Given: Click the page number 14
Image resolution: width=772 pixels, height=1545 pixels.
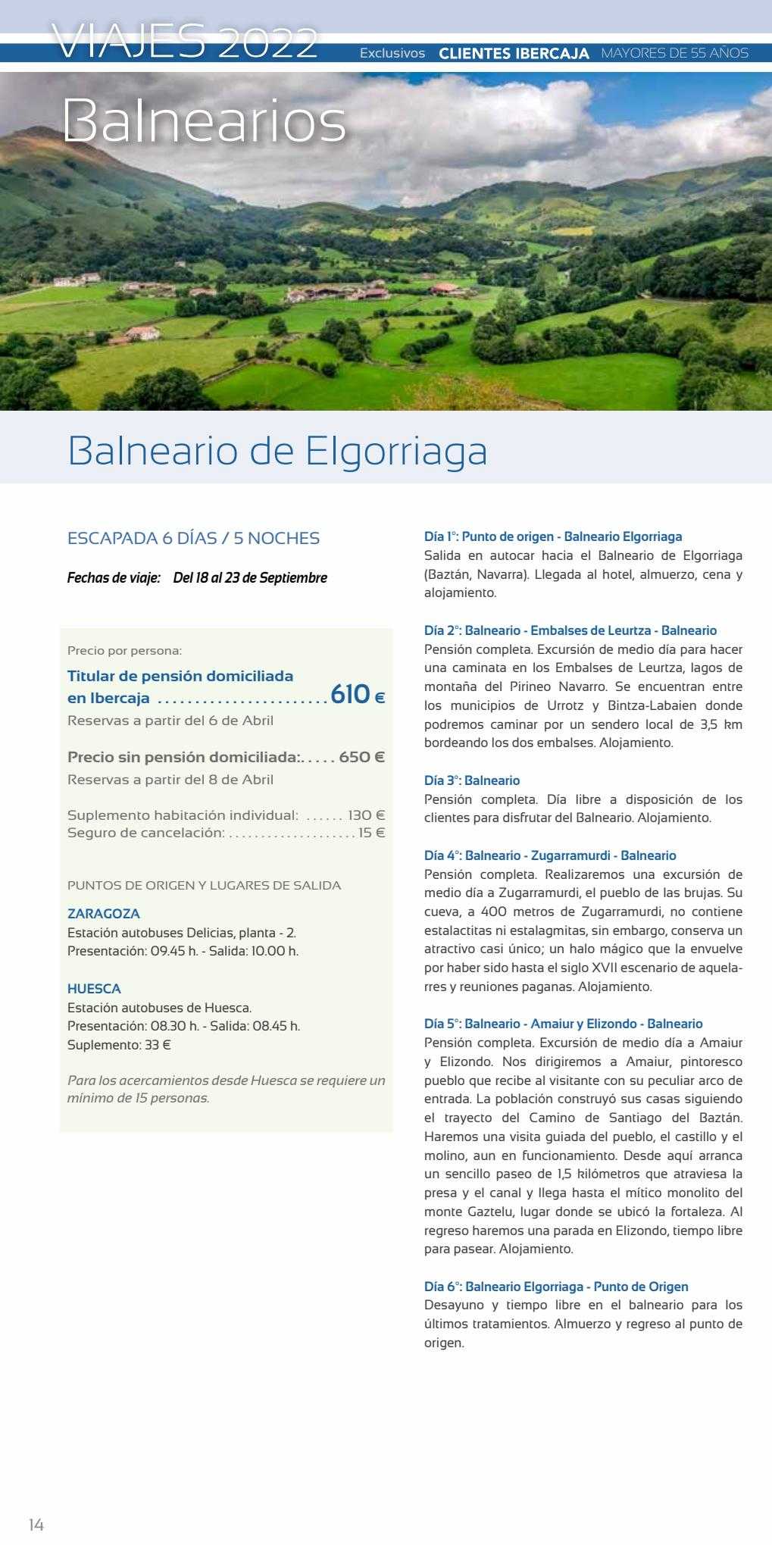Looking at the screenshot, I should (x=36, y=1525).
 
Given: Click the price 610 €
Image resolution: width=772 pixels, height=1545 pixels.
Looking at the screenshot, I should (x=358, y=694).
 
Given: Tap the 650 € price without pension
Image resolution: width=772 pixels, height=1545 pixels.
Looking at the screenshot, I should (x=361, y=757).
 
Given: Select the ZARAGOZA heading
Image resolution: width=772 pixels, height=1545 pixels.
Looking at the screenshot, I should (x=104, y=914).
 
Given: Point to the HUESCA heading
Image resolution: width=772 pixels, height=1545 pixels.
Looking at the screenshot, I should (x=94, y=989).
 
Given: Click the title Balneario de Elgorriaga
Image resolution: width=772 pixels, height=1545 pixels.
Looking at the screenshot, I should (x=277, y=451).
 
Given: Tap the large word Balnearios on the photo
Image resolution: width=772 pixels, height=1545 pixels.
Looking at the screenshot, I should (x=204, y=121).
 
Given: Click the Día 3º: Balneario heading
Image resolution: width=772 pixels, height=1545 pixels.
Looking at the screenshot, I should (x=472, y=780).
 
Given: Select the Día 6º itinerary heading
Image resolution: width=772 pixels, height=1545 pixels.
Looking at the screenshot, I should (x=556, y=1287).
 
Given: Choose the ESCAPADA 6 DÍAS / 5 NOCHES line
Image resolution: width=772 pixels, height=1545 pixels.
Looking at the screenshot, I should (x=193, y=539).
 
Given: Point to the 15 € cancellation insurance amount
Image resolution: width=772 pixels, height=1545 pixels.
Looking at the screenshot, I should (x=372, y=833).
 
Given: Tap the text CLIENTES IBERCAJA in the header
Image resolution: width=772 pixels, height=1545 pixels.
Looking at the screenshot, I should (x=514, y=54).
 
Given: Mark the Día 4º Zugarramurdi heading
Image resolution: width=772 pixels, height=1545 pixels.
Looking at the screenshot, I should (x=550, y=855).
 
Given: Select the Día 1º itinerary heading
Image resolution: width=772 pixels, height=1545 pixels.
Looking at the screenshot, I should (x=553, y=536).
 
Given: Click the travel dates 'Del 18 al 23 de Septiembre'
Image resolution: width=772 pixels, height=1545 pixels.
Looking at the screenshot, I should (x=250, y=578).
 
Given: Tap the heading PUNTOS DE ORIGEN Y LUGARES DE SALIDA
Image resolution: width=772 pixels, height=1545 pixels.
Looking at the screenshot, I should (x=204, y=885).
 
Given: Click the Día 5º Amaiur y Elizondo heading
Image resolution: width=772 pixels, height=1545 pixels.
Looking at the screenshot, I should (x=563, y=1024).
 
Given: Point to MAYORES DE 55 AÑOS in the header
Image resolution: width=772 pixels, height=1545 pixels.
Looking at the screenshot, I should (x=674, y=54).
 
